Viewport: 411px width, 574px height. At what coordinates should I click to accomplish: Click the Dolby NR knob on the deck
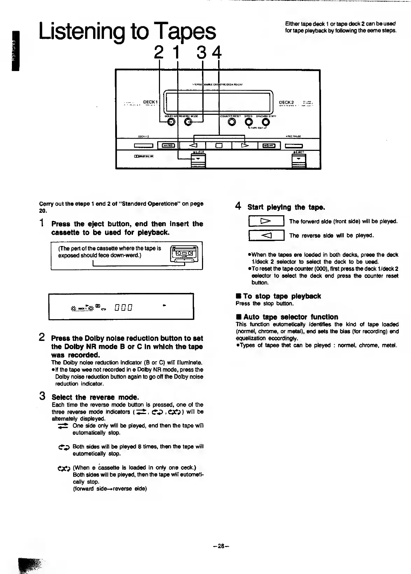point(172,122)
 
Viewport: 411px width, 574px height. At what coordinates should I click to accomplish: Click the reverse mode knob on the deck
point(188,122)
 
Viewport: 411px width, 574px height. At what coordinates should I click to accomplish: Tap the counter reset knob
point(231,122)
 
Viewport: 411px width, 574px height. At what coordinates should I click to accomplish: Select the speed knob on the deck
point(249,122)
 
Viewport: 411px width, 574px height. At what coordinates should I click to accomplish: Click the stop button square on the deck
point(219,146)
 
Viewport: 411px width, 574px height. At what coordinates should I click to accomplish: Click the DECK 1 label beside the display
point(149,102)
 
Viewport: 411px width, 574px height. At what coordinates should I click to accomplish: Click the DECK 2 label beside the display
point(287,103)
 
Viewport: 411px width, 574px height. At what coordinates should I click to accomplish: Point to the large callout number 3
point(202,53)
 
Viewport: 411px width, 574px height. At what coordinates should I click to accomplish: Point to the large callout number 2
point(159,53)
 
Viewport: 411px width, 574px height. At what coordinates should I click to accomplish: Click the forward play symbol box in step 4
point(266,221)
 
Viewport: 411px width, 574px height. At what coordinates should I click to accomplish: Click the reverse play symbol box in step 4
point(266,235)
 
